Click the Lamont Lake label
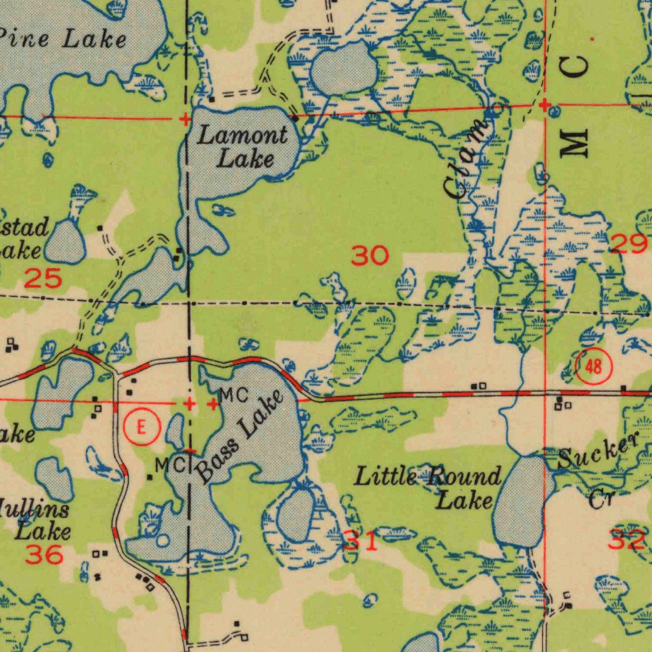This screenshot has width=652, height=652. click(x=242, y=146)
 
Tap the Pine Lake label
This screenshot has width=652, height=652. click(x=64, y=39)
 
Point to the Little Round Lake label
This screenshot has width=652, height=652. click(x=427, y=487)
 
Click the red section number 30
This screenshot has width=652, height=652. click(x=370, y=256)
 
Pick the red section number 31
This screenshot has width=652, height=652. click(x=361, y=541)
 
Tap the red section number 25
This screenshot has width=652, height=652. click(x=43, y=278)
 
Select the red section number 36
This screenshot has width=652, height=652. click(x=44, y=555)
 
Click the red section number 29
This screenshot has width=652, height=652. click(x=628, y=243)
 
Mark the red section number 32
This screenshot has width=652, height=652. click(x=627, y=541)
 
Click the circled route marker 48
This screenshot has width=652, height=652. click(x=593, y=367)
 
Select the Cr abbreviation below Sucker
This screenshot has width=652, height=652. click(x=599, y=498)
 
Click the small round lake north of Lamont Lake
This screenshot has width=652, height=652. click(x=344, y=69)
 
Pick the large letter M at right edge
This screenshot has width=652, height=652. click(x=576, y=141)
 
